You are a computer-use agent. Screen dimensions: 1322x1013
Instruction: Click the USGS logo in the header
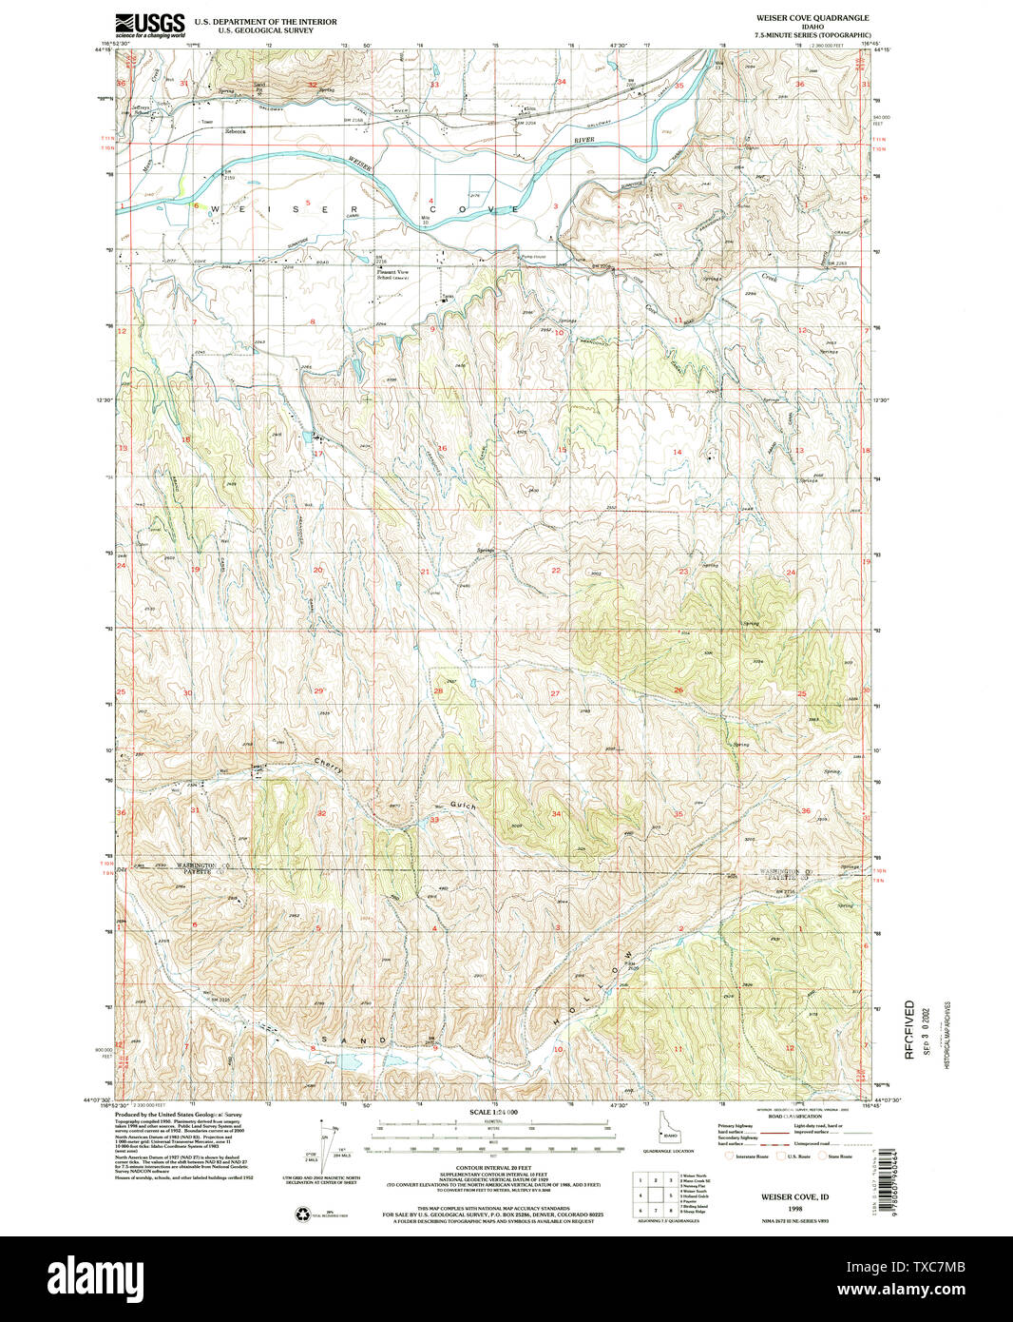[x=150, y=24]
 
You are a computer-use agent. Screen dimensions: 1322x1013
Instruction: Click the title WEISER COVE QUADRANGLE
[x=812, y=18]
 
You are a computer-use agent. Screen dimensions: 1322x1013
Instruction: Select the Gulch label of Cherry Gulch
[x=465, y=805]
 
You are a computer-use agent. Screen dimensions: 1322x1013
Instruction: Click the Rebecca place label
[x=235, y=131]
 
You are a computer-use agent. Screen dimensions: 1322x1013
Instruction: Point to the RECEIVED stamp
[x=909, y=1029]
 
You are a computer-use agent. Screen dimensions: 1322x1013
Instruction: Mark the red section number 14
[x=677, y=452]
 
